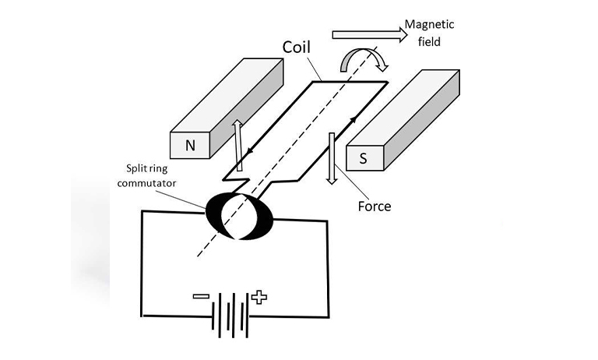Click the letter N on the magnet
[x=190, y=146]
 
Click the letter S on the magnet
[x=363, y=158]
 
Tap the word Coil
[x=297, y=47]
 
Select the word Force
[x=375, y=206]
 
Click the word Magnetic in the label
[x=430, y=25]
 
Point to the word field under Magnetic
[x=430, y=41]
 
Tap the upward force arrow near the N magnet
[x=238, y=145]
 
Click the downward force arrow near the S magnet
[x=332, y=158]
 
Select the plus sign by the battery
[x=259, y=297]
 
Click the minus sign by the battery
[x=201, y=296]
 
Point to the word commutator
[x=147, y=183]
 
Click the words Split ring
[x=147, y=168]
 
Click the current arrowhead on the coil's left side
[x=250, y=152]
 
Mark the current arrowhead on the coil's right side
[x=354, y=120]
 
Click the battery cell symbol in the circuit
[x=230, y=316]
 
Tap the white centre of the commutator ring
[x=238, y=216]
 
